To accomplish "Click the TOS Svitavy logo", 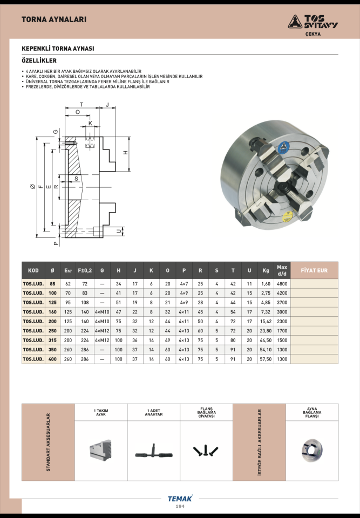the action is point(313,23).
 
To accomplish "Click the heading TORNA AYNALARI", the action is point(54,19).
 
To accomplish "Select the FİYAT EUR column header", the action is point(314,270).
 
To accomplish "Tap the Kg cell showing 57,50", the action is point(266,359).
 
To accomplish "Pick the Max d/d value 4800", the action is point(282,284).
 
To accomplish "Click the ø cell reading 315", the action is point(52,340).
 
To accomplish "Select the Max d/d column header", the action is point(282,270).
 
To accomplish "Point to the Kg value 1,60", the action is point(266,284).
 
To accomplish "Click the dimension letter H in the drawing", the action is point(126,153).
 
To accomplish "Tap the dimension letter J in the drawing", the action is point(107,105).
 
